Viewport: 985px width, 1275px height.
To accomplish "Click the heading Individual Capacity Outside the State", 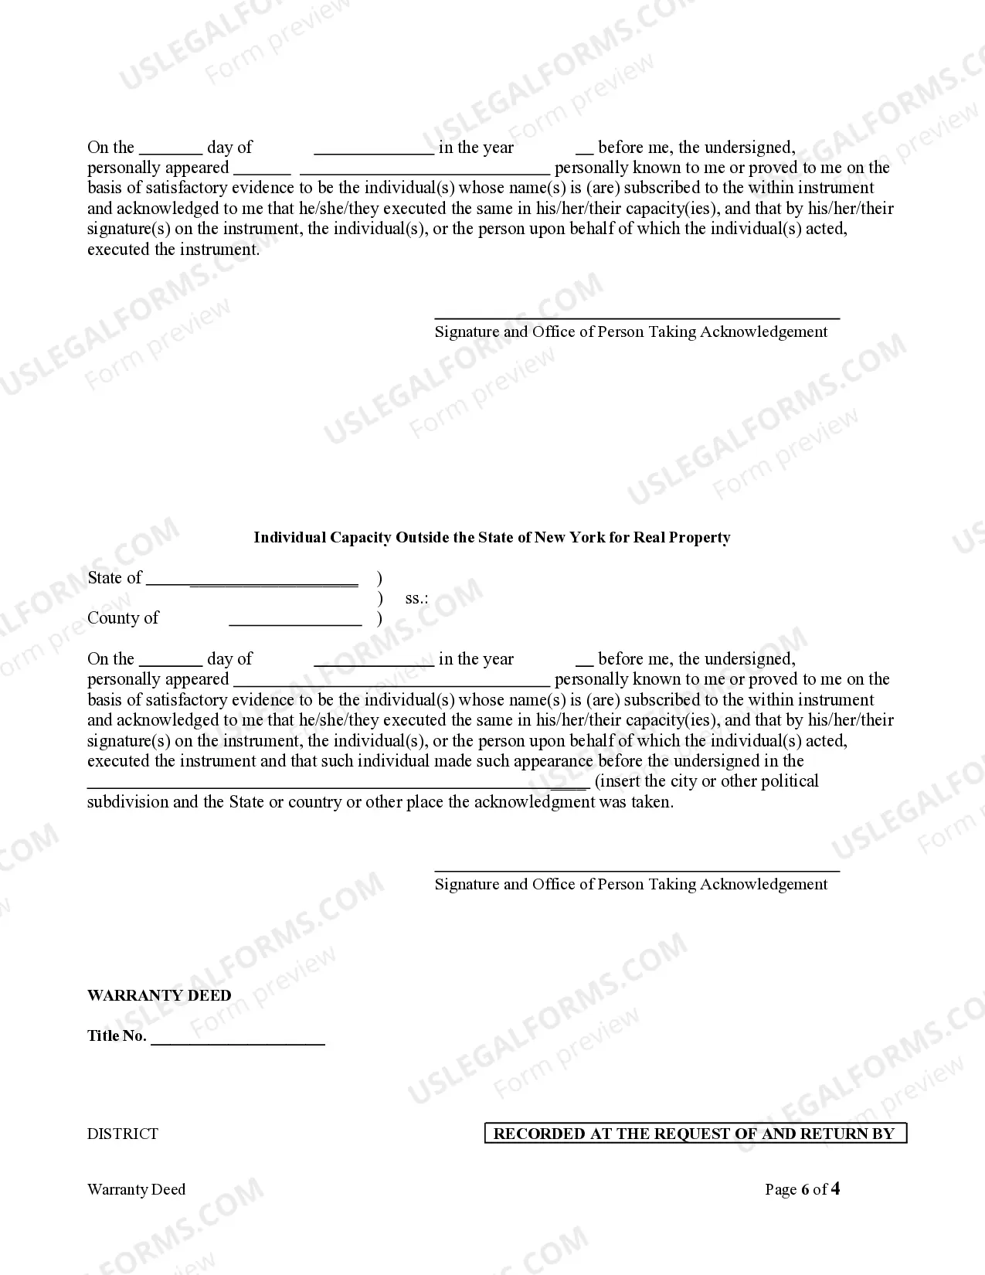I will point(491,538).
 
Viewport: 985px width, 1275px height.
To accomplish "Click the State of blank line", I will point(252,584).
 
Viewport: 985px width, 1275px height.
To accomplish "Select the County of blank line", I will point(295,624).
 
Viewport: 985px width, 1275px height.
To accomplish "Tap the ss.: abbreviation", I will point(416,599).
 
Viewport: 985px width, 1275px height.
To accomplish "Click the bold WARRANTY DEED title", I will point(159,996).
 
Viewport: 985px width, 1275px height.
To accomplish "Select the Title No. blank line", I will point(238,1043).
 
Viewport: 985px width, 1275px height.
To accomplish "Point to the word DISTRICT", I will point(123,1134).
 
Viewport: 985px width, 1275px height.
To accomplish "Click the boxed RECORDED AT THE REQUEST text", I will point(695,1134).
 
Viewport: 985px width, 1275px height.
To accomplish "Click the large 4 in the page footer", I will point(834,1189).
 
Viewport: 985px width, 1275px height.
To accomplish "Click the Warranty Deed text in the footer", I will point(137,1190).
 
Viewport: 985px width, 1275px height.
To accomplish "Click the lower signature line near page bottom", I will point(637,871).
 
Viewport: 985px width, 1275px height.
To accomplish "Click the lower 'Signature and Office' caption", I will point(630,885).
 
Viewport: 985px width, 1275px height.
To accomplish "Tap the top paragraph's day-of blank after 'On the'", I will point(171,153).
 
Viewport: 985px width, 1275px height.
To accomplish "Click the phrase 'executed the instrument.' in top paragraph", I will point(174,250).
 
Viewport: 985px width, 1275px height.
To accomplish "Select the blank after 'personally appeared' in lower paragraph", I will point(391,685).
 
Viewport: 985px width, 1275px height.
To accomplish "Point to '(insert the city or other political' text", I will point(706,781).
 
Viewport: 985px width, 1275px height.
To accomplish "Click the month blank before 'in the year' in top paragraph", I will point(374,153).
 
